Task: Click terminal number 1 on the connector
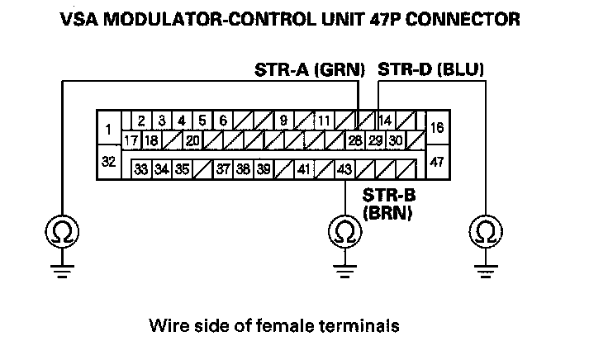click(108, 129)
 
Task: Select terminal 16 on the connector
click(438, 129)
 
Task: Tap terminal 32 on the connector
click(108, 161)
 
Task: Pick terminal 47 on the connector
click(438, 161)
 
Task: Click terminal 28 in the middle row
click(355, 140)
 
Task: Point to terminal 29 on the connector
click(376, 140)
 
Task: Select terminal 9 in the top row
click(283, 120)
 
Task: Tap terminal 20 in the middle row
click(192, 140)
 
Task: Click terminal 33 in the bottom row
click(142, 169)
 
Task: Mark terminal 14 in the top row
click(385, 120)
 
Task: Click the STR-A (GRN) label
click(310, 71)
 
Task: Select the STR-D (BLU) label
click(430, 71)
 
